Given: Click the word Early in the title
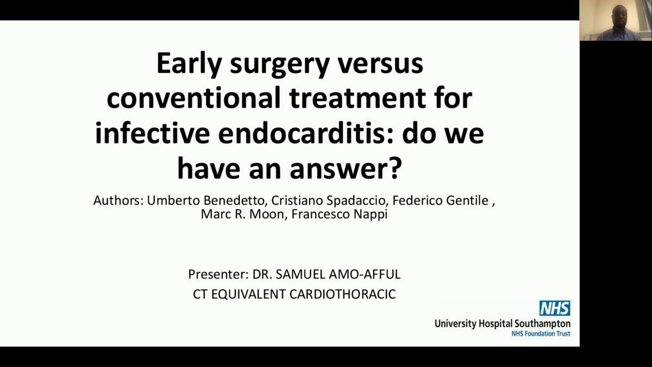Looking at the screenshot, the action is [x=190, y=64].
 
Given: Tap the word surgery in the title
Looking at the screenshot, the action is [x=280, y=65].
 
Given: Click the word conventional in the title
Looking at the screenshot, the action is [x=193, y=98].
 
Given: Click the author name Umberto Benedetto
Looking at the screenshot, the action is [x=205, y=201].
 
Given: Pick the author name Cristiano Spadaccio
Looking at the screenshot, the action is [x=328, y=201].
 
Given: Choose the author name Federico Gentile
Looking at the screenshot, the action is [x=441, y=201].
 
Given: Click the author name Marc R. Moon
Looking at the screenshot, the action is [x=242, y=214].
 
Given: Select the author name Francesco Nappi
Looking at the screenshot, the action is [x=340, y=214].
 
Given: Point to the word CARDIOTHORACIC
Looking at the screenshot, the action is [x=343, y=294].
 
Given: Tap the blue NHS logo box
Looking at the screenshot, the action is [x=555, y=308].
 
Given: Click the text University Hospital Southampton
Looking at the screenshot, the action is [x=503, y=324].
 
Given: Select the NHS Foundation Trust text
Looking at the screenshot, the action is [x=541, y=334].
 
